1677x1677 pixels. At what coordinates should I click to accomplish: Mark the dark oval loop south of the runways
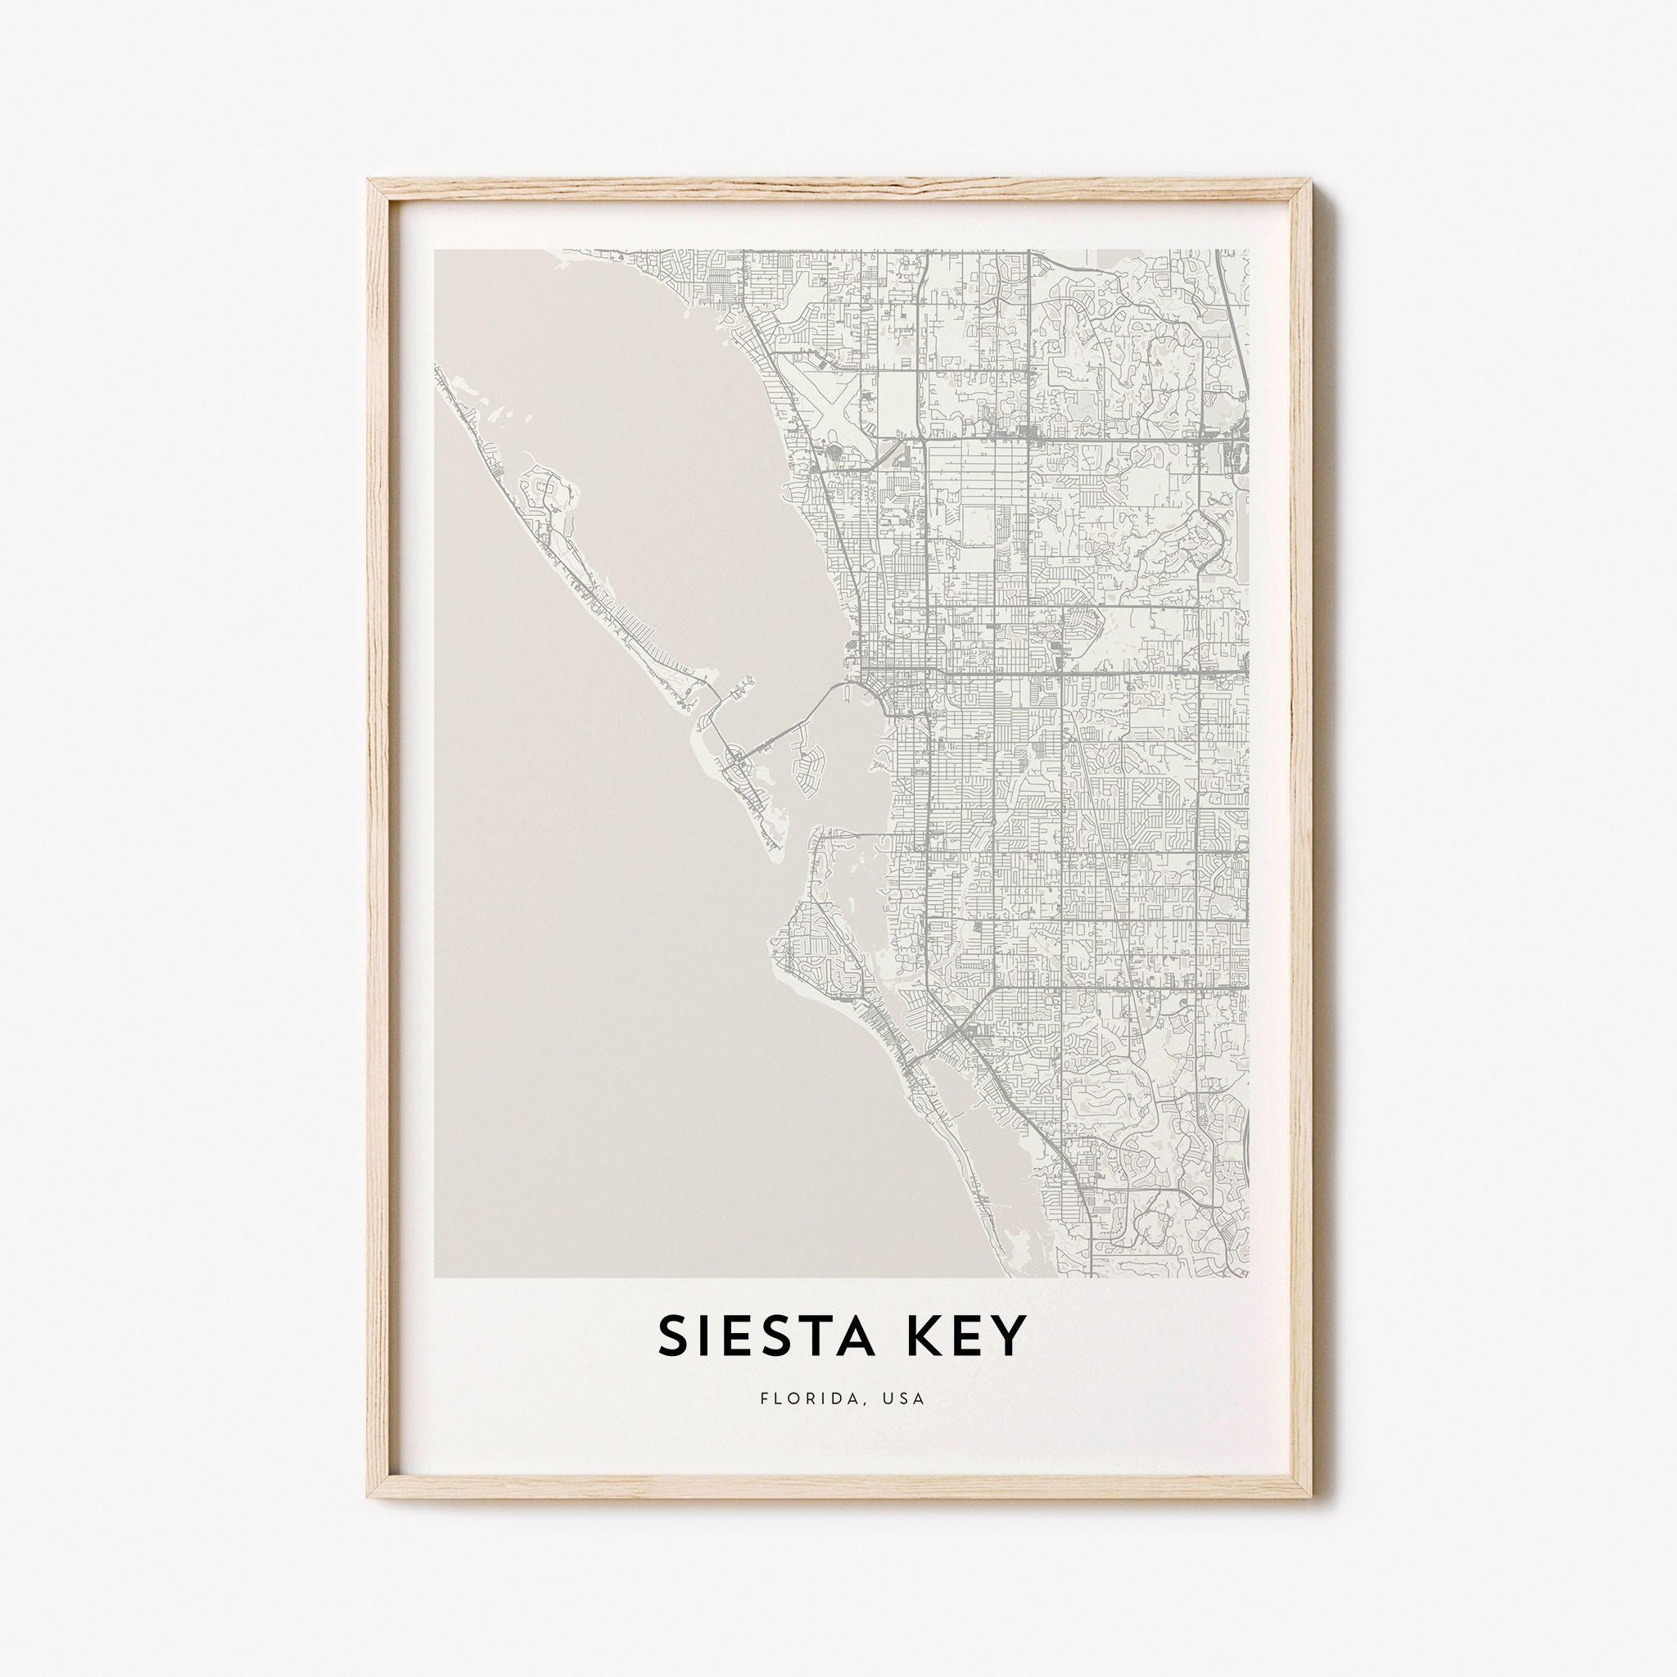coord(837,452)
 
